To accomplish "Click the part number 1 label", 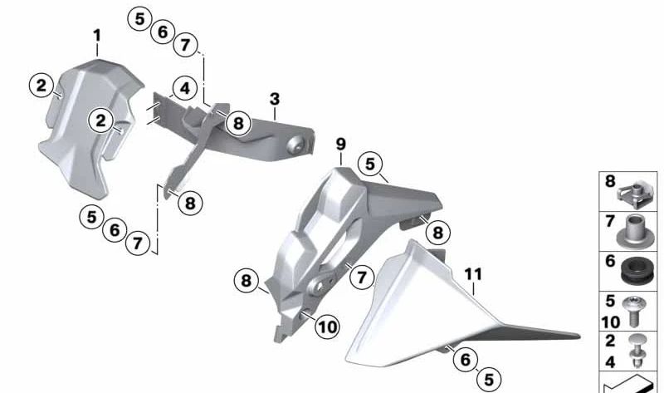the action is (97, 36).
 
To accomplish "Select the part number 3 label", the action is (275, 100).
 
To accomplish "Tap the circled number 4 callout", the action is (184, 89).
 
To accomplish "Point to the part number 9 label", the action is (341, 145).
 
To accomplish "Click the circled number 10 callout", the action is (327, 327).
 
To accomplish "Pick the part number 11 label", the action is (473, 274).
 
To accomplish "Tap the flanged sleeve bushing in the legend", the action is (633, 232).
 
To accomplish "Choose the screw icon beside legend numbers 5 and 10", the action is (634, 312).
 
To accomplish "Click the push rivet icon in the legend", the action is (634, 351).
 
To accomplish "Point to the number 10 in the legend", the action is (610, 322).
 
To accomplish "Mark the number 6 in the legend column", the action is (610, 261).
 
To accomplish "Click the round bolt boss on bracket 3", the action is (295, 145).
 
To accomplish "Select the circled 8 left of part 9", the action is (246, 281).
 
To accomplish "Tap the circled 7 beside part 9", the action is (361, 278).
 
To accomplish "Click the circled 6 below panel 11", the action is (465, 360).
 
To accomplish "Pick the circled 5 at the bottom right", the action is (489, 380).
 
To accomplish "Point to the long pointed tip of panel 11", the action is (579, 337).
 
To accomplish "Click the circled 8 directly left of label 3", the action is (238, 123).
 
